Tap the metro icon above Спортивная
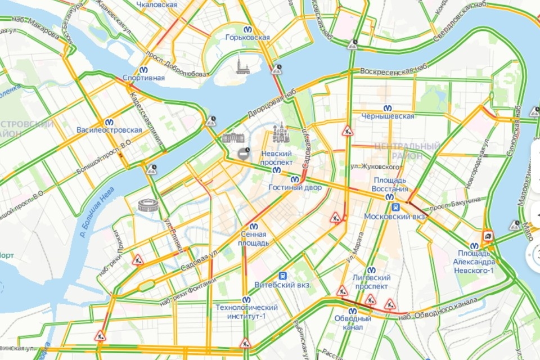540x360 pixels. tap(143, 70)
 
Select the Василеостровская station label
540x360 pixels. tap(109, 130)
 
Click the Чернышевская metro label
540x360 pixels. tap(388, 116)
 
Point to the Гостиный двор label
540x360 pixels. tap(294, 187)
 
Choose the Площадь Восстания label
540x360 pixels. tap(391, 184)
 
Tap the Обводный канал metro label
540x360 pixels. tap(353, 323)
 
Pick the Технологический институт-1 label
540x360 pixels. tap(247, 311)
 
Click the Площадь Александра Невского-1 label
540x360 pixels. tap(475, 262)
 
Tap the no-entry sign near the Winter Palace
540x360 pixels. tap(243, 153)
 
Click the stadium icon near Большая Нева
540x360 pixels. tap(148, 205)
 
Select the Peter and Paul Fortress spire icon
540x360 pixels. tap(242, 65)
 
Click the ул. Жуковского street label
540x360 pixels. tap(372, 167)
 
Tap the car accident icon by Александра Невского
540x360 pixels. tap(488, 236)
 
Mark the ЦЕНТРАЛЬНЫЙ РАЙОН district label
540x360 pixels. tap(407, 151)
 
